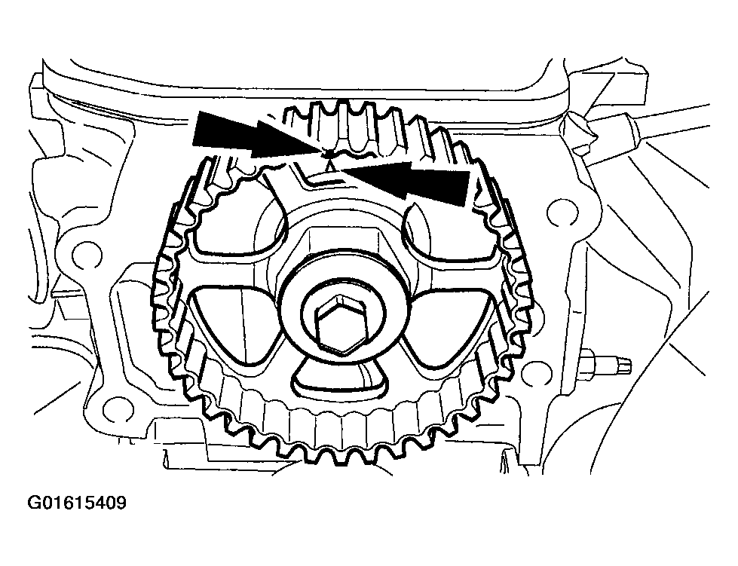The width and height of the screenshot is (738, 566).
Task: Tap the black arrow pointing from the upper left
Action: click(259, 133)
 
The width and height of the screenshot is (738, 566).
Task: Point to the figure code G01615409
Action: click(77, 503)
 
